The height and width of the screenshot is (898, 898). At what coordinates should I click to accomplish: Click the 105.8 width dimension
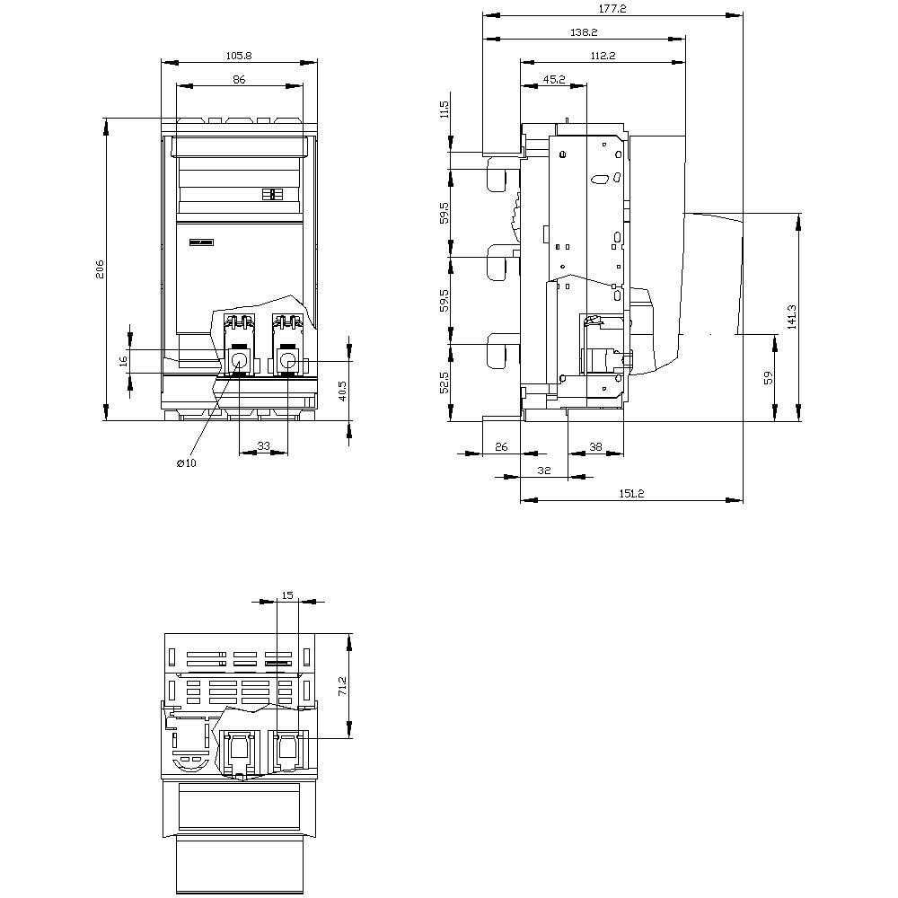pyautogui.click(x=239, y=55)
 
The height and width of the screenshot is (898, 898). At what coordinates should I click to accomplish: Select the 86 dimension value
pyautogui.click(x=239, y=80)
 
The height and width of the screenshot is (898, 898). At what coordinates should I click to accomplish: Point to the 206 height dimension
pyautogui.click(x=100, y=269)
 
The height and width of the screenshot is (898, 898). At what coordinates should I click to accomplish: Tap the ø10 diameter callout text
pyautogui.click(x=186, y=462)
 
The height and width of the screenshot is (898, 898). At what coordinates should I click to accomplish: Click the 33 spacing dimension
pyautogui.click(x=264, y=445)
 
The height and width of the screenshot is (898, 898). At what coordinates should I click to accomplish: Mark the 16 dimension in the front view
pyautogui.click(x=124, y=361)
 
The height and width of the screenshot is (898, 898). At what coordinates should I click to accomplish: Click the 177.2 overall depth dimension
pyautogui.click(x=612, y=8)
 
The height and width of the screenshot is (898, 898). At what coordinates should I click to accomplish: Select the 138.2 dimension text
pyautogui.click(x=584, y=32)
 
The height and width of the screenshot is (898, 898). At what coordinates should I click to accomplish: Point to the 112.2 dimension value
pyautogui.click(x=603, y=56)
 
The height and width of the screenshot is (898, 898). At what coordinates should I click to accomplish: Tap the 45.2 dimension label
pyautogui.click(x=554, y=80)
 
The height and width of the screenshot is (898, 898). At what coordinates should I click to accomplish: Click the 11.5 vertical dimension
pyautogui.click(x=444, y=110)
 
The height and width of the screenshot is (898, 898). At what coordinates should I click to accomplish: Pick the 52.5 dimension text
pyautogui.click(x=444, y=382)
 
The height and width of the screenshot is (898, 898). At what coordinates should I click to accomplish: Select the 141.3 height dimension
pyautogui.click(x=791, y=316)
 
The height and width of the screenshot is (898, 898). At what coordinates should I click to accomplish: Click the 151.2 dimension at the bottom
pyautogui.click(x=630, y=493)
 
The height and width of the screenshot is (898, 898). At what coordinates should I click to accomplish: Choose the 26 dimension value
pyautogui.click(x=501, y=446)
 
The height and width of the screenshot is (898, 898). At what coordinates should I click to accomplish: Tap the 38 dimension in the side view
pyautogui.click(x=595, y=446)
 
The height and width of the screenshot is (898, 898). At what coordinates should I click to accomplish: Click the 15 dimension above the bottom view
pyautogui.click(x=287, y=594)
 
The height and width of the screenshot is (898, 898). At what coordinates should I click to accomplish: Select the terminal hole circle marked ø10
pyautogui.click(x=240, y=362)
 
